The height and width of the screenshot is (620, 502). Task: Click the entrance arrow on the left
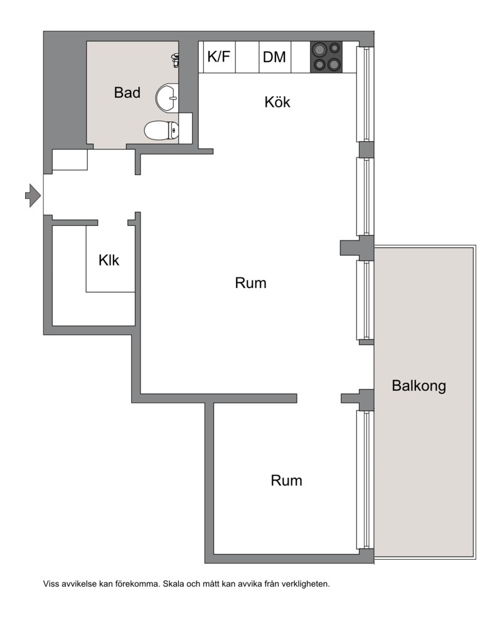point(33,195)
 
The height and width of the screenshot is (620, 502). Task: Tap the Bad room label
point(127,92)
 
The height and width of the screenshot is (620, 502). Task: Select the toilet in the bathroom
point(161,130)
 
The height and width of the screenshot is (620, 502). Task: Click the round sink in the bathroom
point(167,97)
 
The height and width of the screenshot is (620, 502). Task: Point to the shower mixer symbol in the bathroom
point(174,60)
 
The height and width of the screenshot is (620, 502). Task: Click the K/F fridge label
point(218,56)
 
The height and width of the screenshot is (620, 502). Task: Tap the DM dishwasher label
point(274,57)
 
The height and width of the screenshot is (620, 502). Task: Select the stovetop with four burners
point(326,57)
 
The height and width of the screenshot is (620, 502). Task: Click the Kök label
point(277,102)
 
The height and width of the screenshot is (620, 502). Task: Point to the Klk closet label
point(109,260)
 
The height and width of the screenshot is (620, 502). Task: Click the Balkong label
point(419,386)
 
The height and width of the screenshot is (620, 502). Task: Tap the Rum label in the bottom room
point(287,481)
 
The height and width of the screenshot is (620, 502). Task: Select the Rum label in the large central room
point(250,283)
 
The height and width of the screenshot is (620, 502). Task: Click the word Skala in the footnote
point(173,584)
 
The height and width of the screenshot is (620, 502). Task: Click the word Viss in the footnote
point(50,584)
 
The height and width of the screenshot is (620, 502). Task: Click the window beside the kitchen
point(365,94)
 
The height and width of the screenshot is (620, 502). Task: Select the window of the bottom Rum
point(365,479)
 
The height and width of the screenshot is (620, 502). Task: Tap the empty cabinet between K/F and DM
point(247,57)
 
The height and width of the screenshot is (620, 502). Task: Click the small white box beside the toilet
point(185,128)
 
